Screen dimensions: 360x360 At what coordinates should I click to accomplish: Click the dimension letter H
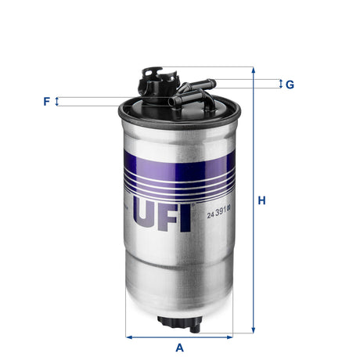click(x=262, y=201)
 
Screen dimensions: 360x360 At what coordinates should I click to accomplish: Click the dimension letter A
click(x=179, y=347)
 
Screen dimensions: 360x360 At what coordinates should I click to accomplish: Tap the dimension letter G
click(x=290, y=84)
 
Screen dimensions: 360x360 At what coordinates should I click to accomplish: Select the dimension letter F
click(x=47, y=101)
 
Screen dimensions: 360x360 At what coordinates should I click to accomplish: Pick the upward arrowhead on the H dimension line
click(x=253, y=70)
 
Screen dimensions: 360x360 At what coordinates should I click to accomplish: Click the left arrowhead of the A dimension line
click(x=129, y=337)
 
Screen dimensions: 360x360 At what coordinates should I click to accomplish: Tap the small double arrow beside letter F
click(x=57, y=101)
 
